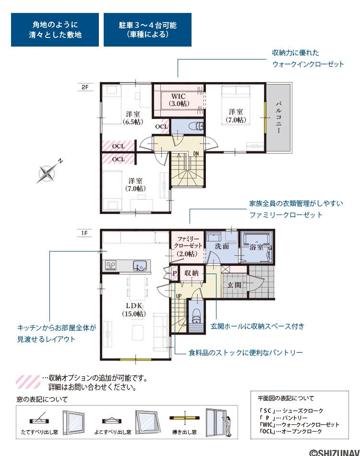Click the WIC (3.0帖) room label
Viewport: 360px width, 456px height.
pos(179,100)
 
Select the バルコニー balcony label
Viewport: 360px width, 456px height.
pos(278,117)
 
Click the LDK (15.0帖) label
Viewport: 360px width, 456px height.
pos(134,310)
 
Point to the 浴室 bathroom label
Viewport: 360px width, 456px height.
pos(256,247)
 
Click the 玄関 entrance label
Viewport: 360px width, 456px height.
pos(234,285)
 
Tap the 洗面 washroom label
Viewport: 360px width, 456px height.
pos(222,246)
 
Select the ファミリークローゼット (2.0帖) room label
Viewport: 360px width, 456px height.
pos(188,246)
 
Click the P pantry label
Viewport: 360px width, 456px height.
pos(174,274)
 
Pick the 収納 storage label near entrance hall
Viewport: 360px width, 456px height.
pos(192,273)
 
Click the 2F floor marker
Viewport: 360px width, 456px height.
pos(85,87)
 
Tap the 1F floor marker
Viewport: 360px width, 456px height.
pos(84,233)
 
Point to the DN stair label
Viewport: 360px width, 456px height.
pos(196,153)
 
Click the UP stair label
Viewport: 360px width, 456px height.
pos(179,296)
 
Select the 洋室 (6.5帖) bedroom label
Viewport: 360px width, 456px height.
pos(133,118)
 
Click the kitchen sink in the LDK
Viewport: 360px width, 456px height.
pos(140,265)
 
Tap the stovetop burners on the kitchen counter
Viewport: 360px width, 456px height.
pos(111,265)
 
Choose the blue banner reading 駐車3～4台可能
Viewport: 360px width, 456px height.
pos(147,30)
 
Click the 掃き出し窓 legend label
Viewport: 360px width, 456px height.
pos(184,432)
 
